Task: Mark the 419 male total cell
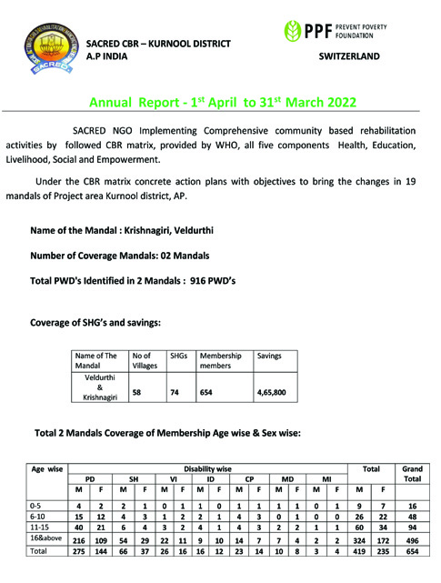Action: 358,551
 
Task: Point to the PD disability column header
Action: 90,480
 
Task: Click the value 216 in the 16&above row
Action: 78,539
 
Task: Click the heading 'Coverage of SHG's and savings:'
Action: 95,322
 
